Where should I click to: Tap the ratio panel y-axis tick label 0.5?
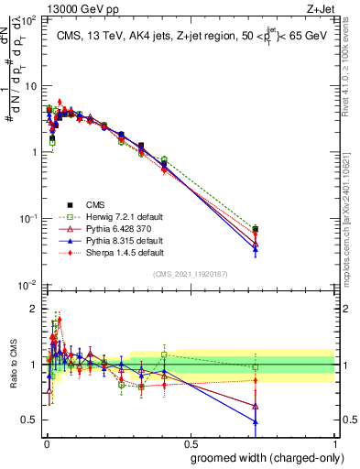pos(31,420)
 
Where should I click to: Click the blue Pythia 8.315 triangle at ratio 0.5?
pos(255,421)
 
